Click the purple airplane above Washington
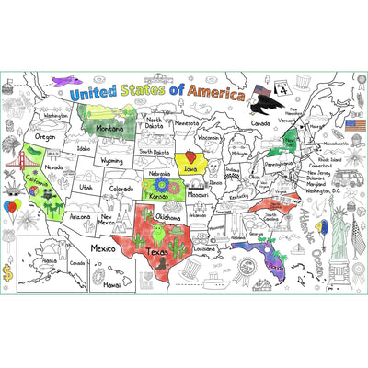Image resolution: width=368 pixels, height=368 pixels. pyautogui.click(x=67, y=81)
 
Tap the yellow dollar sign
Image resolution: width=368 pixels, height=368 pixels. pyautogui.click(x=8, y=272)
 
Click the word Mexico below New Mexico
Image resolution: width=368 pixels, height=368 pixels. pyautogui.click(x=102, y=248)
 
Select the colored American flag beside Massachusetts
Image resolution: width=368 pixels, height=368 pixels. pyautogui.click(x=355, y=123)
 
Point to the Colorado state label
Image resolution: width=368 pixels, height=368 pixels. pyautogui.click(x=121, y=188)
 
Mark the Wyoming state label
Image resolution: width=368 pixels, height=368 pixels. pyautogui.click(x=111, y=160)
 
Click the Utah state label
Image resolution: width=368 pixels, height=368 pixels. pyautogui.click(x=85, y=187)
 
